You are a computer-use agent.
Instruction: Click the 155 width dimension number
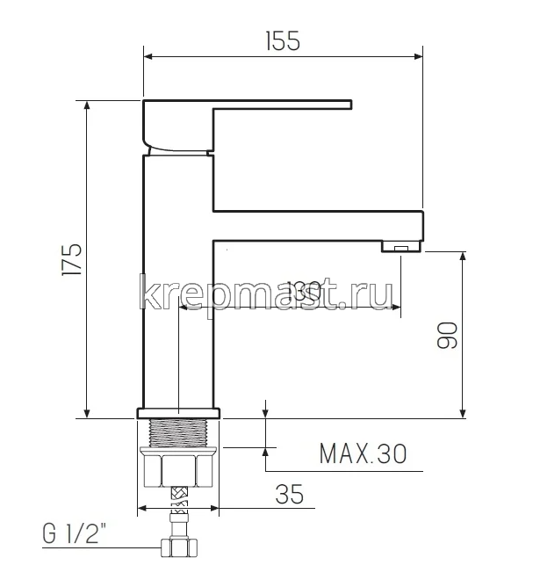282,40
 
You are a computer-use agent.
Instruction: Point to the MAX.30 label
363,454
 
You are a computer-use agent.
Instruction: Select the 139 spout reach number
279,288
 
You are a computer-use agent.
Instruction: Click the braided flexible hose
178,513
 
